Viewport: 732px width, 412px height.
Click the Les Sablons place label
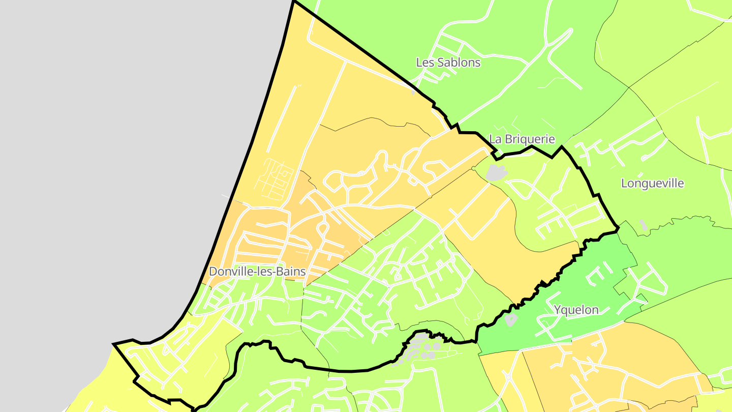click(448, 63)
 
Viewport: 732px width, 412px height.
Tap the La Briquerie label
click(522, 139)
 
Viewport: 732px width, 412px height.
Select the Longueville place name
click(653, 184)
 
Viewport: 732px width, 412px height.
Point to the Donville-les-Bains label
click(257, 272)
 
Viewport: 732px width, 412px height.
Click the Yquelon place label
click(576, 310)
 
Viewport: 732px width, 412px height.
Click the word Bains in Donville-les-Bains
click(291, 272)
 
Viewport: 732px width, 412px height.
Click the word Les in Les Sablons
click(424, 63)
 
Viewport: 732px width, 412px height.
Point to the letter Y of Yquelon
click(558, 310)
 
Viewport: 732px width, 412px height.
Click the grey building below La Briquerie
click(496, 172)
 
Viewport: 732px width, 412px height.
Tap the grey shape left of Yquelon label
click(511, 319)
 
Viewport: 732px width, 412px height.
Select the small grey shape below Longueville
click(644, 224)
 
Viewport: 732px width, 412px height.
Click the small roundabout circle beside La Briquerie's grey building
click(474, 168)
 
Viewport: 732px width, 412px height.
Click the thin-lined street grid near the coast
click(275, 178)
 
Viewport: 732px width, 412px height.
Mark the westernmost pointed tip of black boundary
click(113, 345)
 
